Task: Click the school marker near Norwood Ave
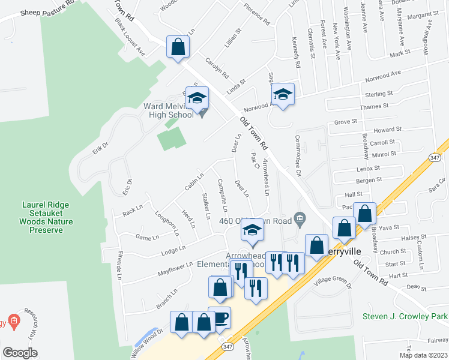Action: pyautogui.click(x=283, y=94)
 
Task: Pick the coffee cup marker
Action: pyautogui.click(x=220, y=317)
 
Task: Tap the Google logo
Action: pyautogui.click(x=20, y=353)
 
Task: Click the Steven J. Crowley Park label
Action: pyautogui.click(x=405, y=316)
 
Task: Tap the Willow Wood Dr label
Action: pyautogui.click(x=146, y=343)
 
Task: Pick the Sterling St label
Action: pyautogui.click(x=379, y=94)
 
